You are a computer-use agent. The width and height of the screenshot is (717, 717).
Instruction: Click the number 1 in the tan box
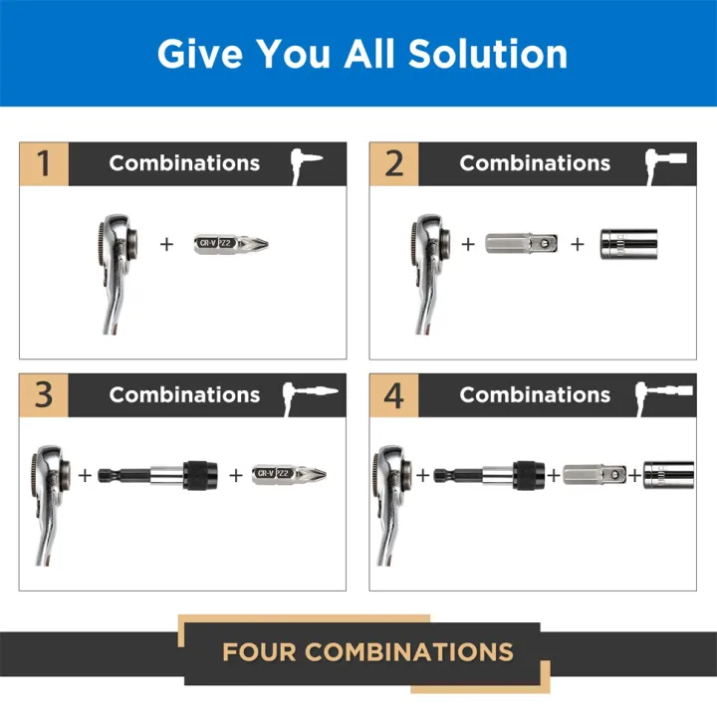click(x=44, y=163)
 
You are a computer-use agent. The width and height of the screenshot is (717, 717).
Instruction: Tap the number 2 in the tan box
click(x=394, y=163)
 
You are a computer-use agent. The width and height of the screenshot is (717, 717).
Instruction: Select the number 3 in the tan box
click(x=44, y=394)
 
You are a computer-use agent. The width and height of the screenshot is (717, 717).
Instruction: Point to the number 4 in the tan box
click(x=394, y=394)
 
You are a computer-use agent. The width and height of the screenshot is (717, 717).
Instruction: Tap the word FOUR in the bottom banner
click(x=259, y=653)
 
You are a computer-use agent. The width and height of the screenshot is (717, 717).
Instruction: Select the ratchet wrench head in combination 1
click(x=117, y=241)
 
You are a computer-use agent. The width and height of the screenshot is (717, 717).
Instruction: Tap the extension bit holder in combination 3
click(x=158, y=475)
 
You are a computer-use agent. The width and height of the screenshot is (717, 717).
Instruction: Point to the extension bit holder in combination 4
click(x=489, y=475)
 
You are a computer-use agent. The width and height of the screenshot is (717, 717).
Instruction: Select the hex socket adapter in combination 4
click(x=596, y=475)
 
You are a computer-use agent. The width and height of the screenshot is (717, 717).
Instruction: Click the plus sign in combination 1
click(x=166, y=242)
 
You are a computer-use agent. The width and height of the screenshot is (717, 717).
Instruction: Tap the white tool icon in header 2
click(x=664, y=162)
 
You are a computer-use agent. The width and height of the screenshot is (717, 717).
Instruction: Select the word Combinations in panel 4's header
click(x=535, y=394)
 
